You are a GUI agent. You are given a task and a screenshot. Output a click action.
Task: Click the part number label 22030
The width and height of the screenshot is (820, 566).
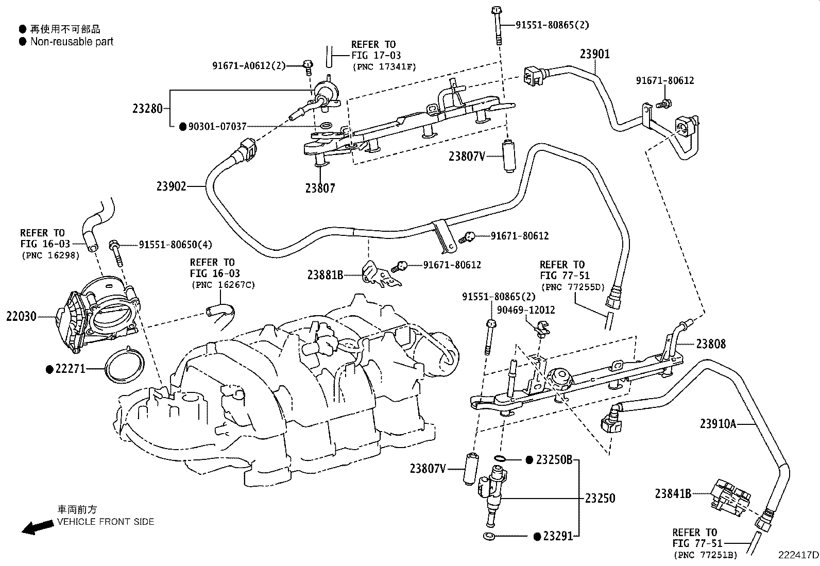(x=21, y=316)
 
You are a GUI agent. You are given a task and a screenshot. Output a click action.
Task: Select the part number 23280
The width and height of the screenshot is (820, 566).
(x=147, y=109)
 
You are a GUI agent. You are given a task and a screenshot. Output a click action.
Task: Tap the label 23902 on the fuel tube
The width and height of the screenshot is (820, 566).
(x=171, y=186)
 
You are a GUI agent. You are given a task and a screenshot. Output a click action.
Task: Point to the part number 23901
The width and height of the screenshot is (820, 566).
(x=594, y=54)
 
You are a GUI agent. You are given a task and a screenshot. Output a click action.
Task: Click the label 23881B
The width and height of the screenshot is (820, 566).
(x=325, y=275)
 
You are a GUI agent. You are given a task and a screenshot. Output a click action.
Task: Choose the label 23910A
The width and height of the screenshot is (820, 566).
(x=718, y=424)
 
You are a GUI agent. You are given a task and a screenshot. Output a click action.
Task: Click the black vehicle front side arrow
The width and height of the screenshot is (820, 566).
(x=38, y=527)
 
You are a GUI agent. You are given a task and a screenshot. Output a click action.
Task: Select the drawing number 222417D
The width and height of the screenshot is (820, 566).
(x=798, y=555)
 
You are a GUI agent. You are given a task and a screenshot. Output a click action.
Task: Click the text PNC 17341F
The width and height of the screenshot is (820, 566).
(x=385, y=66)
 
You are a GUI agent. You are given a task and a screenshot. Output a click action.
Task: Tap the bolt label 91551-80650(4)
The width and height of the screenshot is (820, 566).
(x=175, y=245)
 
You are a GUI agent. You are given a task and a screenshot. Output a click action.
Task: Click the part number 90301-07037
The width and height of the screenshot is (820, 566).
(x=217, y=126)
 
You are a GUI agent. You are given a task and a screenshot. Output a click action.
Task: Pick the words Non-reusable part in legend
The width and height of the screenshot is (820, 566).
(x=72, y=42)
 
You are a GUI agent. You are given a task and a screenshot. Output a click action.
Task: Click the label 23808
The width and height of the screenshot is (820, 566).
(x=711, y=344)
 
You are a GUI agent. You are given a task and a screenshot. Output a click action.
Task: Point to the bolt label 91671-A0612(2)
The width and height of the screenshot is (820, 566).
(x=249, y=65)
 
